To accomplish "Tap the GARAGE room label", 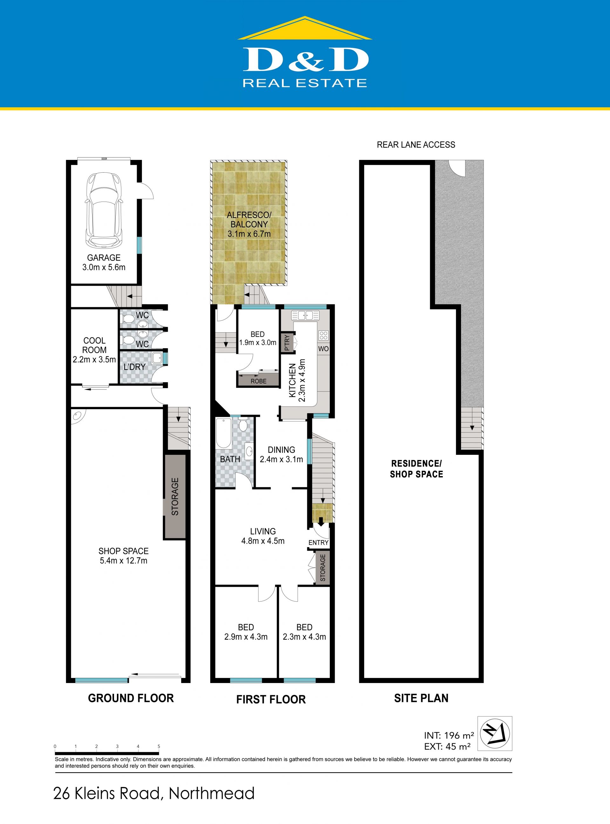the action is [x=104, y=258].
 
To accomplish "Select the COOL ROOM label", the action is [x=95, y=345].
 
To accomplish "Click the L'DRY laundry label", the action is [x=134, y=367].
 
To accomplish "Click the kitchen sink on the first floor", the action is [x=305, y=316].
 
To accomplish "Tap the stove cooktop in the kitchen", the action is [x=323, y=336].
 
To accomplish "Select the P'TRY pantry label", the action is [x=287, y=343].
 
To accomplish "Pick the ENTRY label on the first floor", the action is [x=318, y=542].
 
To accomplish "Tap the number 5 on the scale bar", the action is [x=159, y=747].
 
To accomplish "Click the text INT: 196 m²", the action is [x=449, y=735].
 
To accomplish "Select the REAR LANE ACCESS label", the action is [x=416, y=145].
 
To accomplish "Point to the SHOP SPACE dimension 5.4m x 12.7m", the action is [x=123, y=561].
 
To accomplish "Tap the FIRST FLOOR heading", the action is [x=271, y=699].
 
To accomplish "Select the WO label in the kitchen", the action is [x=323, y=349].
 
